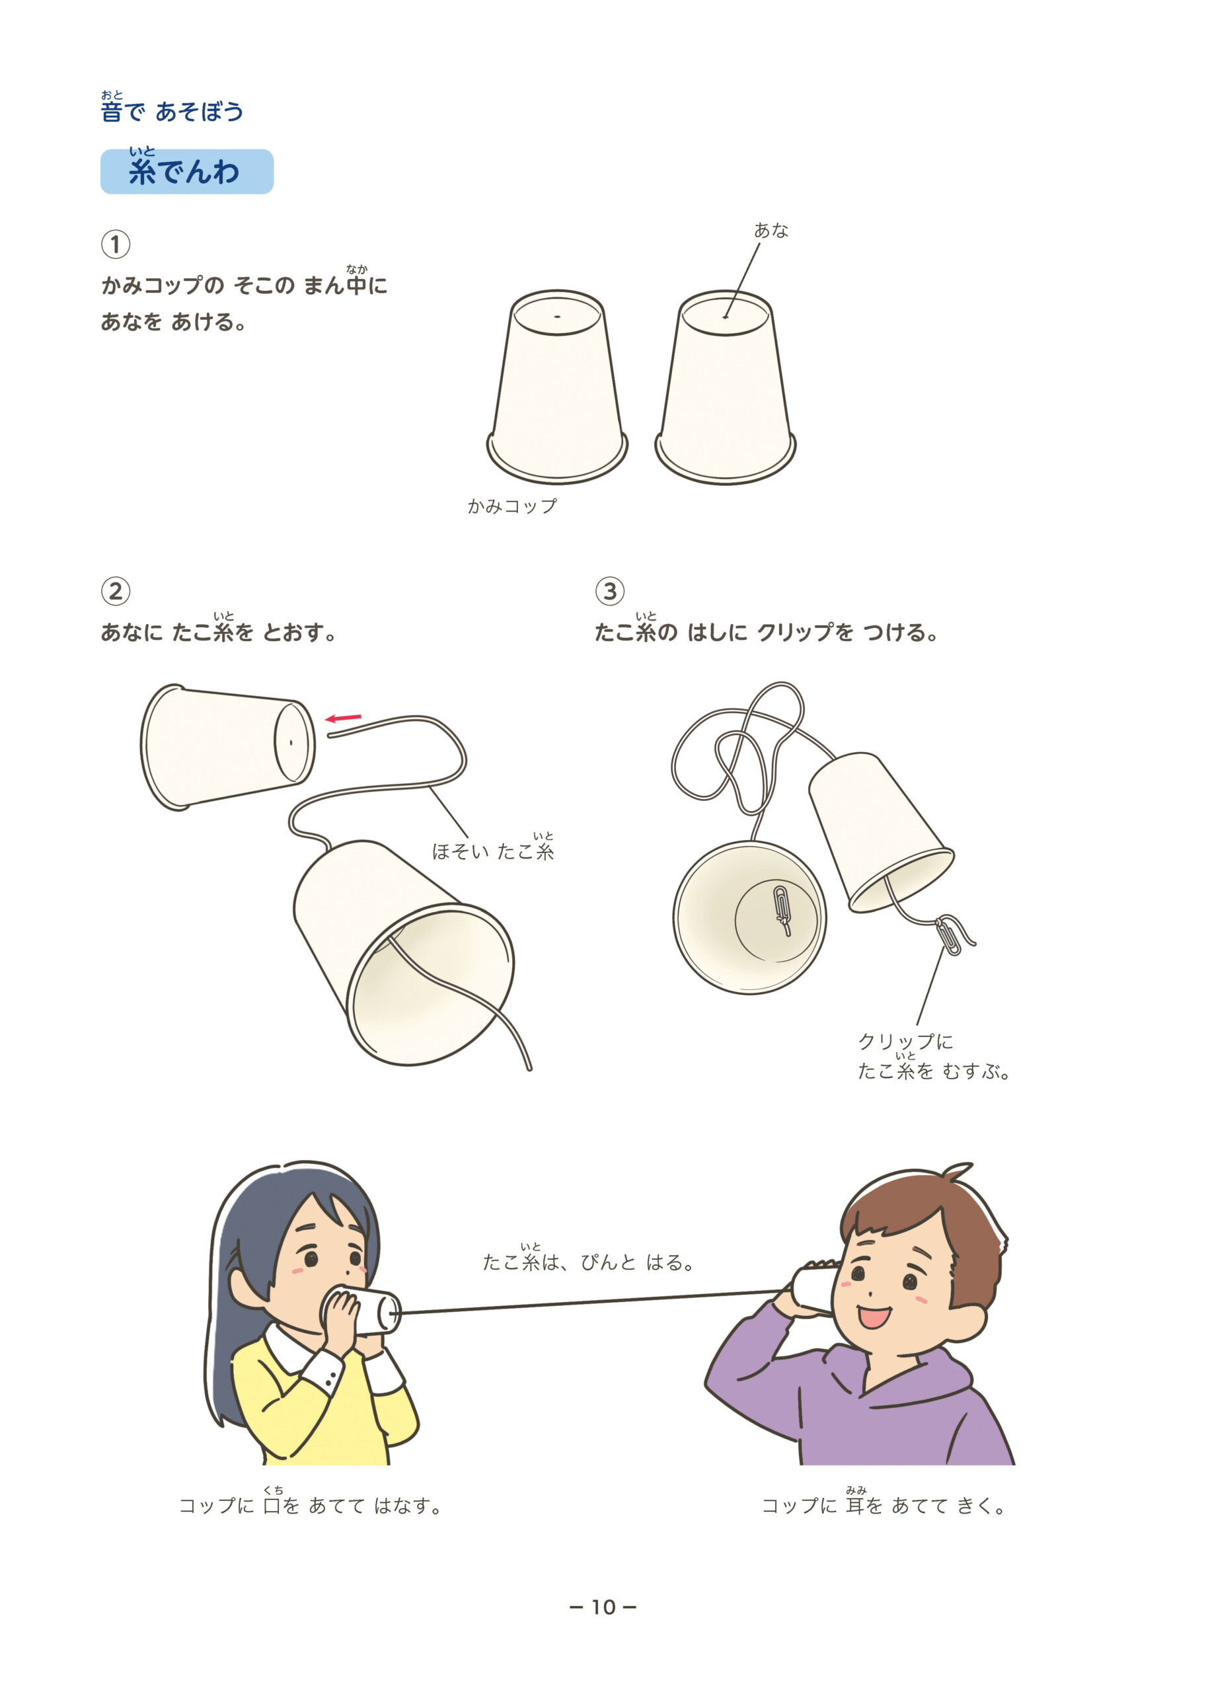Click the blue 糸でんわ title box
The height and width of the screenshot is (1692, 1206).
point(186,172)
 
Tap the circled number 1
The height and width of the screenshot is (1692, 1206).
point(115,245)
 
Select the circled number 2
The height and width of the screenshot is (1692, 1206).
point(115,592)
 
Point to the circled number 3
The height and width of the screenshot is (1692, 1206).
point(610,592)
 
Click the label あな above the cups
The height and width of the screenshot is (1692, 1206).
point(771,230)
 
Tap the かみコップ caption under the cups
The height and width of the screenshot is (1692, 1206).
point(512,506)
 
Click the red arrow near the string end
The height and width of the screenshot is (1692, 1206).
point(343,718)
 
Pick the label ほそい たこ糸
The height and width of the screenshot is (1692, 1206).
point(493,848)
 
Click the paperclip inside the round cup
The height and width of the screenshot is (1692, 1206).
point(782,909)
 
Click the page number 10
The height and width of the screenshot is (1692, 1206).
point(603,1607)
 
